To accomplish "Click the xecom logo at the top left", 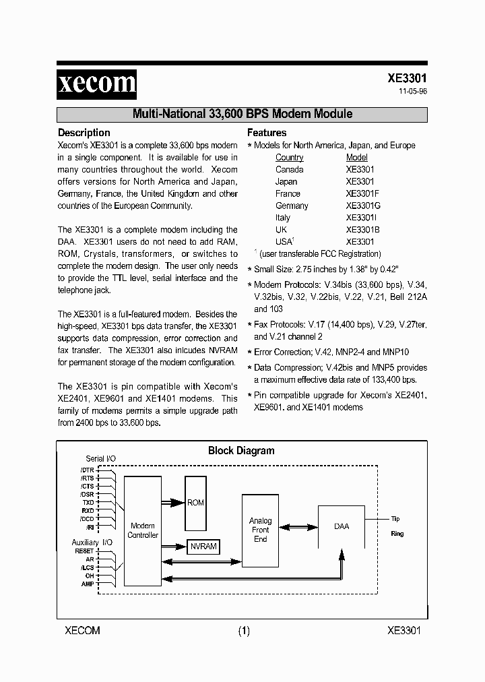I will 96,84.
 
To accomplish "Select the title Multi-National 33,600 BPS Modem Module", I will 242,114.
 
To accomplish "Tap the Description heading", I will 84,133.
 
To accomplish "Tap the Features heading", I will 267,133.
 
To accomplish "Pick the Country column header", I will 290,157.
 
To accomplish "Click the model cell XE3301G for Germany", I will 363,206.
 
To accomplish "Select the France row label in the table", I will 288,193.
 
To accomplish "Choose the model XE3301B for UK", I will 362,230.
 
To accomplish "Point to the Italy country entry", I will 283,218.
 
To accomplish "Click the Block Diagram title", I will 241,451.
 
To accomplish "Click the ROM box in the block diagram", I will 195,503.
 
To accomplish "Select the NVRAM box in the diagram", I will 203,547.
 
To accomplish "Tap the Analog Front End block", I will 260,530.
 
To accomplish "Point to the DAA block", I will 342,526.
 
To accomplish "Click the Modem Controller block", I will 143,530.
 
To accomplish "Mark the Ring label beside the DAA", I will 397,533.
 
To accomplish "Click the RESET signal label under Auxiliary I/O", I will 84,551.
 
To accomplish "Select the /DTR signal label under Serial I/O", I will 88,470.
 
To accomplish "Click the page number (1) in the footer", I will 243,631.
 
